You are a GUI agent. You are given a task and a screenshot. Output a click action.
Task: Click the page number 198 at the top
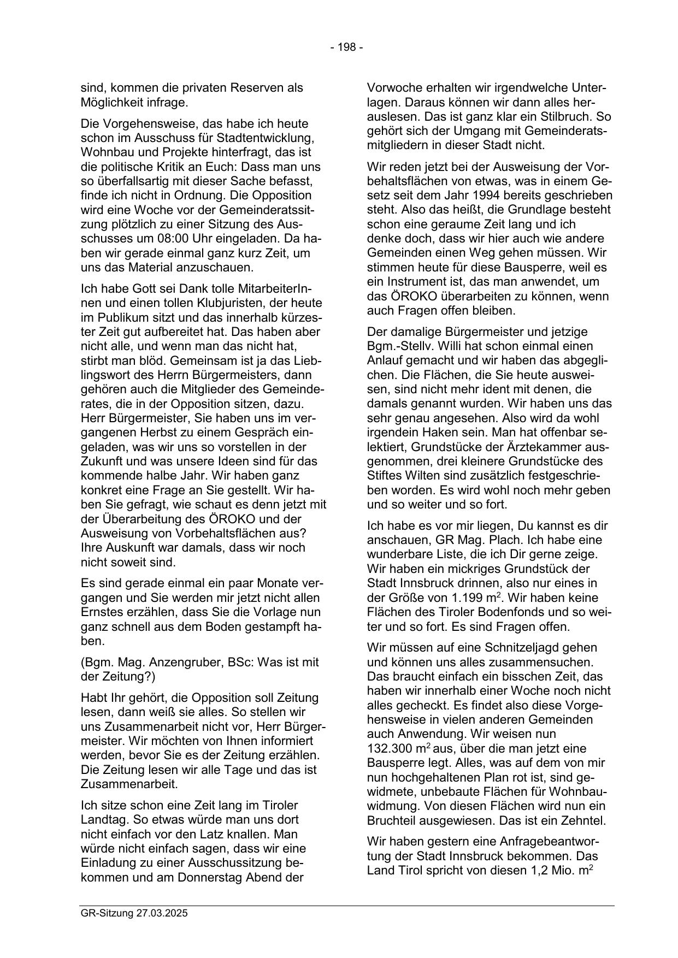tap(346, 48)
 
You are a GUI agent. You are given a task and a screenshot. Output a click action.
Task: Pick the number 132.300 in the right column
tap(390, 748)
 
